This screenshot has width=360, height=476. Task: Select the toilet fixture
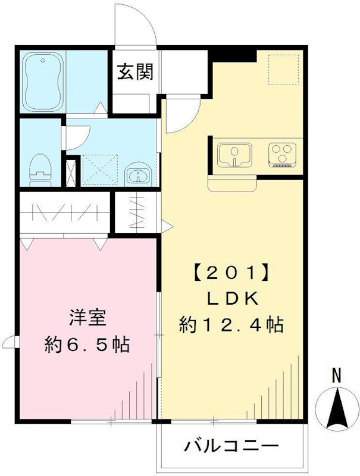[40, 168]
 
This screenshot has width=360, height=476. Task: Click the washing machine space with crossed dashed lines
[98, 168]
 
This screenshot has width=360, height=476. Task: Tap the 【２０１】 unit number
[230, 274]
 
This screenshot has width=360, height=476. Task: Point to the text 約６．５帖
[87, 345]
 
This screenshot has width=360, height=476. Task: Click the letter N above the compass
[336, 375]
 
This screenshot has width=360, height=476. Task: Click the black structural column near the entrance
[234, 56]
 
